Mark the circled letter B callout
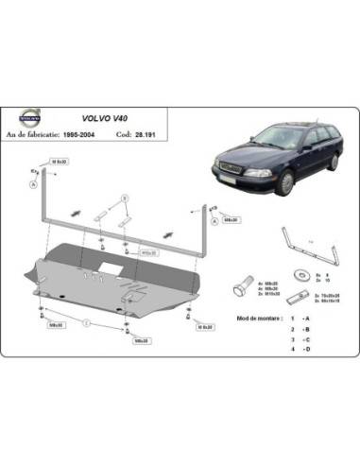tap(123, 196)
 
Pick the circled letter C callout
tap(85, 323)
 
